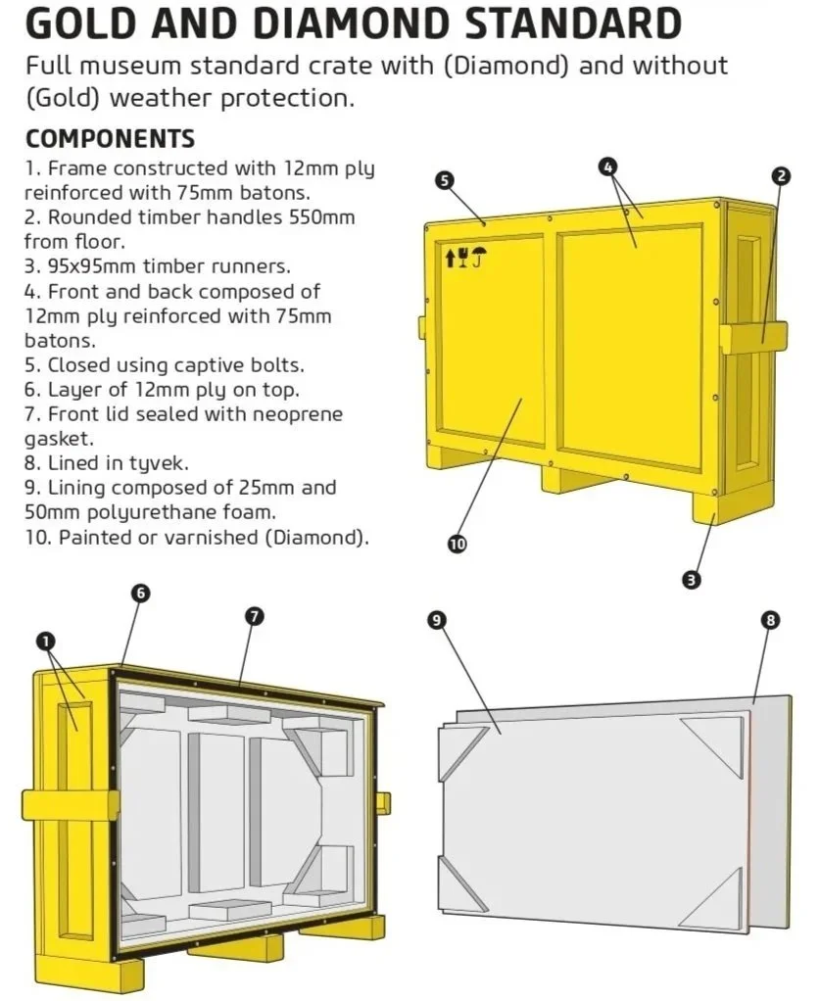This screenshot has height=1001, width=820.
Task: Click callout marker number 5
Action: (x=444, y=180)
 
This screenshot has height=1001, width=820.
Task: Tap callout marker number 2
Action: (x=781, y=176)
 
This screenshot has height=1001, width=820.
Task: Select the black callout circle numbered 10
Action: (x=457, y=544)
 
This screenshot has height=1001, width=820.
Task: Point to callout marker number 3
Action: (x=692, y=580)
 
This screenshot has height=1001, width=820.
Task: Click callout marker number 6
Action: (x=141, y=593)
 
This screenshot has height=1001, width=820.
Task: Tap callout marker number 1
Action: (x=45, y=641)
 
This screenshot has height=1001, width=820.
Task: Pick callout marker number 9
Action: (x=437, y=618)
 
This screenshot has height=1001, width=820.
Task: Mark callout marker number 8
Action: (x=771, y=619)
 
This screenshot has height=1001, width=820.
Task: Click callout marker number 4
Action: (x=607, y=167)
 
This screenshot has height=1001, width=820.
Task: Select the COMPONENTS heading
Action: (x=110, y=138)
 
